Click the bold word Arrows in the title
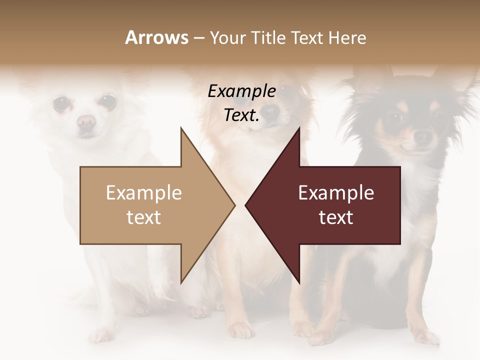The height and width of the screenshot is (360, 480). pyautogui.click(x=156, y=37)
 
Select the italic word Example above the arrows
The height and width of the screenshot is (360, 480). pyautogui.click(x=241, y=91)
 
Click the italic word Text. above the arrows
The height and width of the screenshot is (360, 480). pyautogui.click(x=241, y=115)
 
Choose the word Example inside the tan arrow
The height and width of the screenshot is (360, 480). pyautogui.click(x=144, y=193)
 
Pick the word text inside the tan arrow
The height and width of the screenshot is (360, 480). pyautogui.click(x=144, y=217)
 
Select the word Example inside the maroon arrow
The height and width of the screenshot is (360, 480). pyautogui.click(x=336, y=193)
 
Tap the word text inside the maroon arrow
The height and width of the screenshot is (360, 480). pyautogui.click(x=336, y=217)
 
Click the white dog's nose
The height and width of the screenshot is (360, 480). pyautogui.click(x=86, y=121)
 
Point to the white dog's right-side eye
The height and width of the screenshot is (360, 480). pyautogui.click(x=106, y=102)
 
